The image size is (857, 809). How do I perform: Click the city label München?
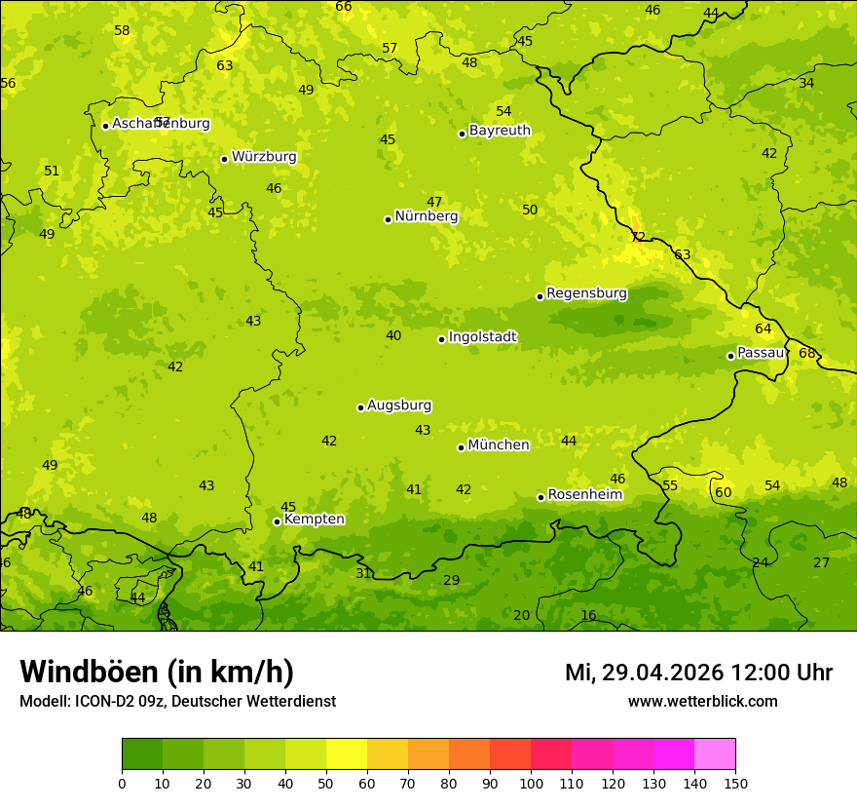[x=498, y=445]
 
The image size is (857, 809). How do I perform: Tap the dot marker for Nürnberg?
[x=388, y=219]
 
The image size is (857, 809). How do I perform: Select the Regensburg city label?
[x=586, y=293]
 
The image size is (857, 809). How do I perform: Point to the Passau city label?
[x=760, y=353]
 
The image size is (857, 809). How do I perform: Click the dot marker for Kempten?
[x=277, y=521]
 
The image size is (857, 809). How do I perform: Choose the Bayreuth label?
[x=500, y=131]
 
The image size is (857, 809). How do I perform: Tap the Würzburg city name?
[x=264, y=157]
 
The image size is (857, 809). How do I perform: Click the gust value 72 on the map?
[x=638, y=237]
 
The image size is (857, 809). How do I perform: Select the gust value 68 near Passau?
[x=806, y=353]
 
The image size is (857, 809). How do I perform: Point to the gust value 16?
[x=588, y=616]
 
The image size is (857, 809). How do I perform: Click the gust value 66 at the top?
[x=344, y=7]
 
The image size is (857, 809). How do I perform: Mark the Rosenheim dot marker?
[x=540, y=497]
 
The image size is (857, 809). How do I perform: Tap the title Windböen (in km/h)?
[x=157, y=673]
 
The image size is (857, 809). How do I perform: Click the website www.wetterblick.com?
[x=702, y=702]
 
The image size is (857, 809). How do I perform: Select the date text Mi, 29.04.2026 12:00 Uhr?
[x=698, y=673]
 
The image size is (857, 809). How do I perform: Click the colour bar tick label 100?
[x=531, y=784]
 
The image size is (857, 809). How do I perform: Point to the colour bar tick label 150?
[x=735, y=784]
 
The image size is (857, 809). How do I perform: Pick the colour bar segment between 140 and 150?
[x=715, y=754]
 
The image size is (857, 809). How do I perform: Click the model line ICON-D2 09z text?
[x=177, y=702]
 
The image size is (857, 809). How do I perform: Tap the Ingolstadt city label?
[x=482, y=337]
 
